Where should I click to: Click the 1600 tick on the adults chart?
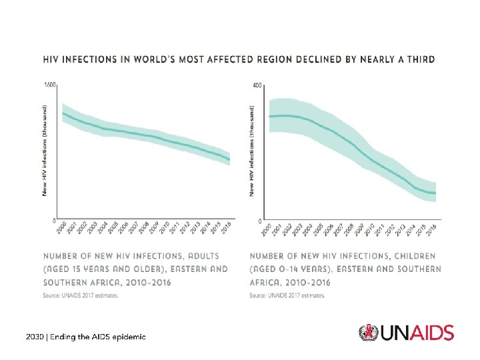point(49,85)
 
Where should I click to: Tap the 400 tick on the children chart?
point(257,85)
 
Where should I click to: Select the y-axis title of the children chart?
point(252,150)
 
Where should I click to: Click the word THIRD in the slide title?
point(419,59)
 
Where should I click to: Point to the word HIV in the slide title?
point(53,59)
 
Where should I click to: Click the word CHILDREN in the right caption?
point(412,255)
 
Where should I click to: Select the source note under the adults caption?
point(81,295)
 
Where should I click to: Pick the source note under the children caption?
point(287,295)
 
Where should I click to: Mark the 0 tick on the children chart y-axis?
point(259,221)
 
